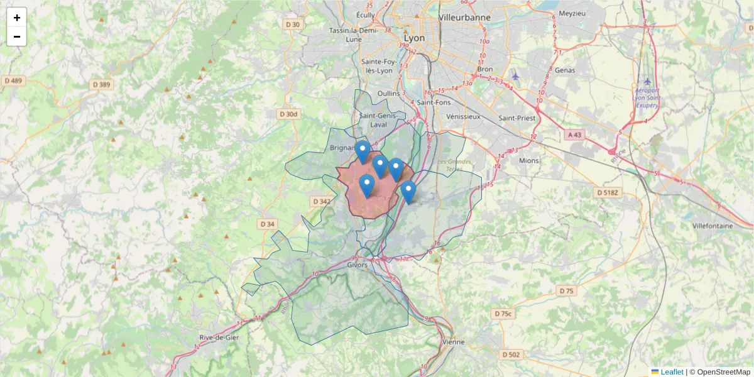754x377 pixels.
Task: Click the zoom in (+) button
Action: (17, 18)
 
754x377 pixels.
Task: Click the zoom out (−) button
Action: (17, 36)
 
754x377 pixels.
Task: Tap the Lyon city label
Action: (414, 38)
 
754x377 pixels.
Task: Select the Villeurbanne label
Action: (465, 18)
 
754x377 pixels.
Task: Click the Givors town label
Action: (357, 265)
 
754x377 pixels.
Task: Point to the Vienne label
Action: (453, 342)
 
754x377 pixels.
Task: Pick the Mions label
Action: (529, 160)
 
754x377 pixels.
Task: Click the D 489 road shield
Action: (13, 80)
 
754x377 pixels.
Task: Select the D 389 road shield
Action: (101, 84)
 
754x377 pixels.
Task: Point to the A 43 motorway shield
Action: (575, 134)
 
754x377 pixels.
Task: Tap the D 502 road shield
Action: (511, 354)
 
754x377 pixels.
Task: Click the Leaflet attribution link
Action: (672, 372)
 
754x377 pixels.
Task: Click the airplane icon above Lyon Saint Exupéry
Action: (648, 81)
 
